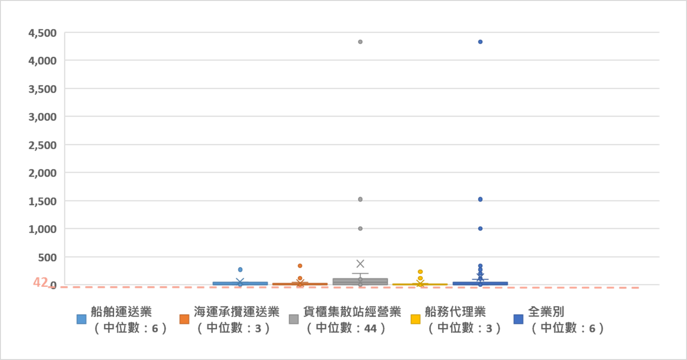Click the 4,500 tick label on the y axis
42,33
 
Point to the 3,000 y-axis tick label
42,117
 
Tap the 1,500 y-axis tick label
42,201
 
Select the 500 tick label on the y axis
47,257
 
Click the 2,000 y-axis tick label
42,173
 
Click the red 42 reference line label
40,282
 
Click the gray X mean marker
360,263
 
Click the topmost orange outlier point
300,266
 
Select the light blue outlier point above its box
240,270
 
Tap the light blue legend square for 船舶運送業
82,319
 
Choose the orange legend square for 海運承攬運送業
184,319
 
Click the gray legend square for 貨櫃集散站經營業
294,319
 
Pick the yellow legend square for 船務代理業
415,319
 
